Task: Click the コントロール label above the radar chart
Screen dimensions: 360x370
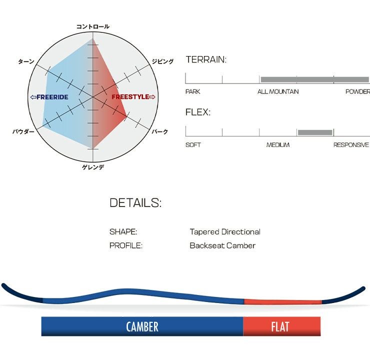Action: pyautogui.click(x=93, y=26)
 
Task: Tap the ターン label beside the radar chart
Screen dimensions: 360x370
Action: pyautogui.click(x=26, y=61)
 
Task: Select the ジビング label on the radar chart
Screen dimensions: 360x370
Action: pyautogui.click(x=162, y=61)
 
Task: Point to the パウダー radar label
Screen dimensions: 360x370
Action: pyautogui.click(x=23, y=131)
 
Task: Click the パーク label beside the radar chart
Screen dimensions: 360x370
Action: pyautogui.click(x=160, y=131)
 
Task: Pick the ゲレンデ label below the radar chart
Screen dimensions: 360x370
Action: pyautogui.click(x=93, y=167)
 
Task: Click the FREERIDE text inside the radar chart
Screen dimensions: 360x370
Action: pyautogui.click(x=49, y=97)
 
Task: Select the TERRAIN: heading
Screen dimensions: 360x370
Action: pyautogui.click(x=206, y=59)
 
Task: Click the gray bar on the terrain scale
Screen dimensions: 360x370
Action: pyautogui.click(x=314, y=79)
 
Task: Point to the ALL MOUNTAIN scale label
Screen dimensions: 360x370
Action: pyautogui.click(x=278, y=92)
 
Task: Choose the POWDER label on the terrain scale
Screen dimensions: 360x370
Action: pyautogui.click(x=357, y=92)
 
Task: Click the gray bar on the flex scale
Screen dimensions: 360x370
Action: pyautogui.click(x=315, y=132)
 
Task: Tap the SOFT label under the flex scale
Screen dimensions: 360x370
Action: pyautogui.click(x=193, y=145)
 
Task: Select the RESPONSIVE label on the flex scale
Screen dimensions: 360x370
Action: pyautogui.click(x=351, y=145)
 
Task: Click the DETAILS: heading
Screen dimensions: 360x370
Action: pyautogui.click(x=135, y=203)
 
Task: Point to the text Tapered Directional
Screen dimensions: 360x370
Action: pyautogui.click(x=225, y=232)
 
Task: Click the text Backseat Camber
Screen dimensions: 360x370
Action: pyautogui.click(x=222, y=245)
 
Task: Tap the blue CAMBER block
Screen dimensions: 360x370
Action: pyautogui.click(x=142, y=327)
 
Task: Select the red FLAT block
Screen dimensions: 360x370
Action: pyautogui.click(x=281, y=327)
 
